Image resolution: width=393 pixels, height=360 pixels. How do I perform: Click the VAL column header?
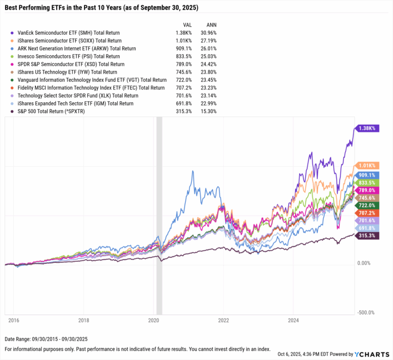[188, 25]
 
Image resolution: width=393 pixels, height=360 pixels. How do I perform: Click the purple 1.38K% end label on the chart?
[367, 128]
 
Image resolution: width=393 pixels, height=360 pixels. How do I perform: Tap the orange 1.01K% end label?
[367, 165]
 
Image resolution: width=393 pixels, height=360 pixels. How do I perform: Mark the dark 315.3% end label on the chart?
[367, 235]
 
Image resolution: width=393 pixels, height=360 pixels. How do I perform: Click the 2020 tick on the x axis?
[154, 321]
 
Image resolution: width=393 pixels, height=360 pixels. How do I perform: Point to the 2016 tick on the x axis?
[14, 321]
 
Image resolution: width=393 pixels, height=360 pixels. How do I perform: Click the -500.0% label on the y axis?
[366, 312]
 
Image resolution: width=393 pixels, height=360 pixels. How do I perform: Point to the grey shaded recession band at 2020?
[159, 215]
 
